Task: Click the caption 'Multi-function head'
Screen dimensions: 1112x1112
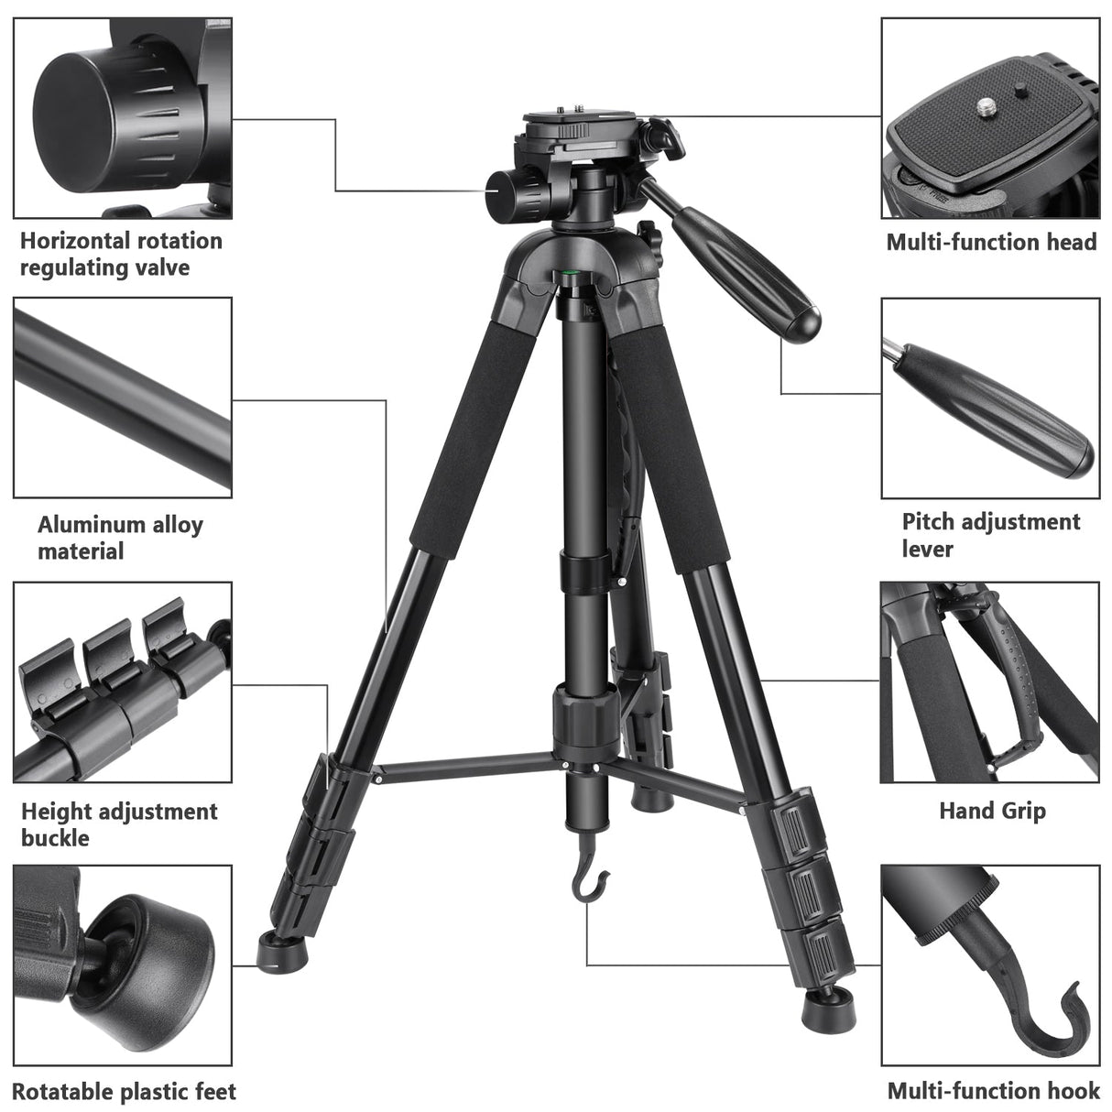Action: pyautogui.click(x=991, y=243)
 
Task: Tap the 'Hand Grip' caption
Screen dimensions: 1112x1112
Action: pyautogui.click(x=992, y=811)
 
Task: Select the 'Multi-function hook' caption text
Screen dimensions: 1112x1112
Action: pyautogui.click(x=993, y=1091)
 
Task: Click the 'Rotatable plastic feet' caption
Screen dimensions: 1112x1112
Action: pyautogui.click(x=124, y=1092)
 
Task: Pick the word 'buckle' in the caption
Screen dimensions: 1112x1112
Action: pyautogui.click(x=55, y=838)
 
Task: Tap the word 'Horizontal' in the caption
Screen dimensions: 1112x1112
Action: pyautogui.click(x=72, y=241)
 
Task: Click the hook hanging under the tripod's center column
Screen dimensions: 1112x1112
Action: pyautogui.click(x=588, y=884)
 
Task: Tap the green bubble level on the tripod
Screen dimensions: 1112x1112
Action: pyautogui.click(x=575, y=272)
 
